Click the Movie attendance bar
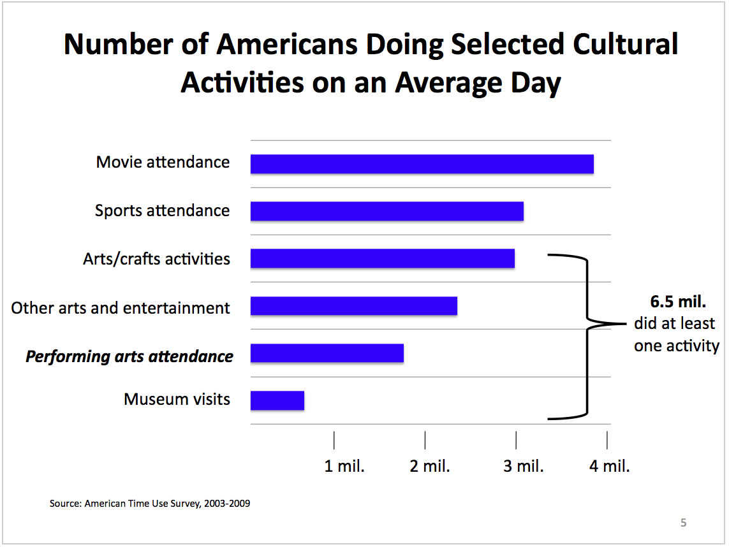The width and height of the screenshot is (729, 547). coord(422,164)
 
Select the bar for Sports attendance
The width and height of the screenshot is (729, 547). coord(387,211)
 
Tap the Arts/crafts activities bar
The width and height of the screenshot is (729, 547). coord(382,258)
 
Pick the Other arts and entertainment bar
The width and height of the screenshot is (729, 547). coord(353,306)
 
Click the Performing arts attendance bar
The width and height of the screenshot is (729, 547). coord(327,353)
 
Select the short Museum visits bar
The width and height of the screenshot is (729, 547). coord(277,400)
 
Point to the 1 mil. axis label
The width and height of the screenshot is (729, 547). coord(344,466)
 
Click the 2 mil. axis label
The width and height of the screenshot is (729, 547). coord(430,466)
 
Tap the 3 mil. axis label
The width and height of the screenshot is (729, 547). coord(524,466)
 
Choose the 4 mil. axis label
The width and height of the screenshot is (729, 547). coord(610,466)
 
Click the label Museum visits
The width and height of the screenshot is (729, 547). coord(177,400)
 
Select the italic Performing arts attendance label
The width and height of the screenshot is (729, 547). coord(129,356)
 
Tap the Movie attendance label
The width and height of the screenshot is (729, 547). coord(163,162)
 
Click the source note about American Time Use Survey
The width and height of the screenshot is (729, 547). coord(150,504)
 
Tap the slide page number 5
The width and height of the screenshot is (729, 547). coord(684,523)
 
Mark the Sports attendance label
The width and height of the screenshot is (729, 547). coord(162,210)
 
